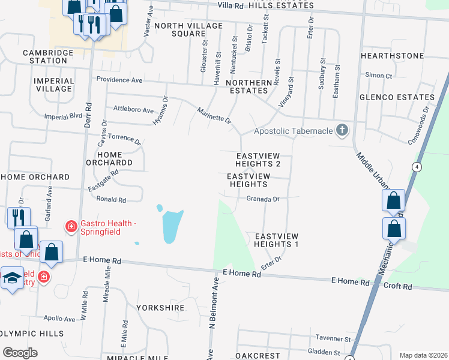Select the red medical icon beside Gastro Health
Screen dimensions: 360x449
pos(71,226)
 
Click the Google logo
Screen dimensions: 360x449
pos(20,352)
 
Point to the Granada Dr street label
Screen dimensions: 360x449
pos(263,199)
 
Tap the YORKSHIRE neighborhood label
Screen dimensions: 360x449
pos(160,308)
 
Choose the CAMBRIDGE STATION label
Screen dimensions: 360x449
pos(45,56)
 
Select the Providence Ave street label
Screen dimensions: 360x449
pos(119,80)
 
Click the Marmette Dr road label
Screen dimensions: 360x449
pos(214,115)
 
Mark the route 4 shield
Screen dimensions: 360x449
pos(415,166)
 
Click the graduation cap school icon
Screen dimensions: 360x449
pos(12,278)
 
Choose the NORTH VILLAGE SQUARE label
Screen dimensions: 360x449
pos(188,29)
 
